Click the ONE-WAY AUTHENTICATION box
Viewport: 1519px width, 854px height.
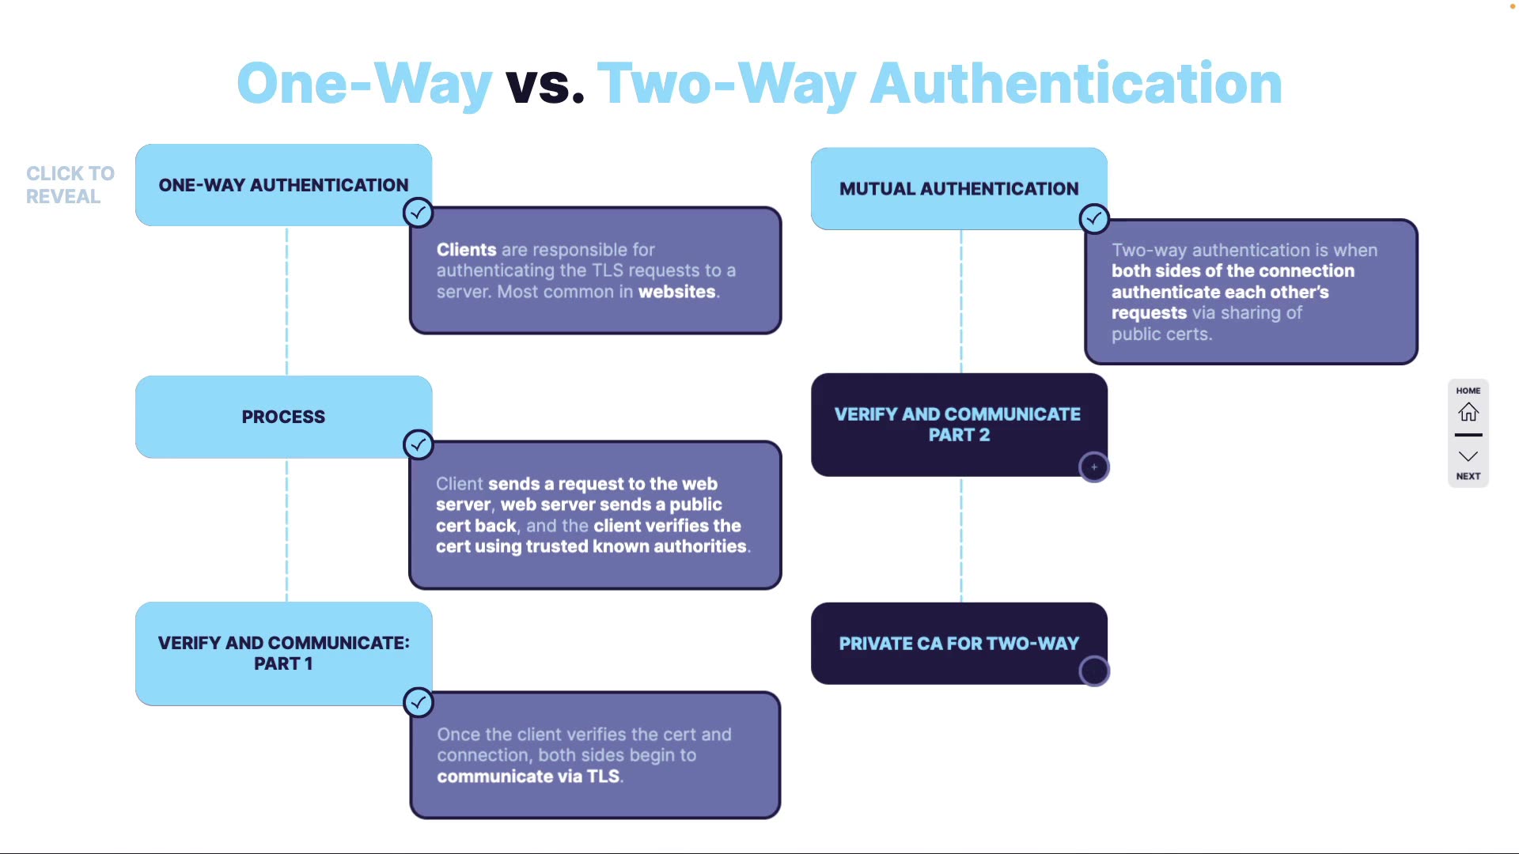pyautogui.click(x=283, y=185)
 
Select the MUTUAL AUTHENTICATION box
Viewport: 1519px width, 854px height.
pyautogui.click(x=958, y=189)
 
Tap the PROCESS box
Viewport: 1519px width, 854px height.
pyautogui.click(x=283, y=417)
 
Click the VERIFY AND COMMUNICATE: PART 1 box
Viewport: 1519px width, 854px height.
pyautogui.click(x=283, y=653)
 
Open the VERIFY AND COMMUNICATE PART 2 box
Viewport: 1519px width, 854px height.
pyautogui.click(x=958, y=425)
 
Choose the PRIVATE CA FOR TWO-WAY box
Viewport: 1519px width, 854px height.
pyautogui.click(x=958, y=644)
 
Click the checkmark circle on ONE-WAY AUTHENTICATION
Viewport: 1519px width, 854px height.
pyautogui.click(x=418, y=213)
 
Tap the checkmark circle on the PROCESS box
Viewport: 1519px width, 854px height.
pyautogui.click(x=418, y=445)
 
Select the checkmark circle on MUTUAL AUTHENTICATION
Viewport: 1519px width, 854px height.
pyautogui.click(x=1094, y=219)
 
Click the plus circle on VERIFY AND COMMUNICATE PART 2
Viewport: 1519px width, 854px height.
pyautogui.click(x=1094, y=467)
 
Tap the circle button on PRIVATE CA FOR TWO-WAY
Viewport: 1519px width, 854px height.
pyautogui.click(x=1094, y=671)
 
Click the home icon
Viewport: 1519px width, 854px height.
pyautogui.click(x=1468, y=412)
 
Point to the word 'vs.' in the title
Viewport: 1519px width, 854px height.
pyautogui.click(x=545, y=84)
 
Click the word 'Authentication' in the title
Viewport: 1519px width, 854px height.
pyautogui.click(x=1076, y=84)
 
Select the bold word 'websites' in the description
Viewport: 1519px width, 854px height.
pyautogui.click(x=677, y=292)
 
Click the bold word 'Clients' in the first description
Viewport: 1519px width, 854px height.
pyautogui.click(x=466, y=250)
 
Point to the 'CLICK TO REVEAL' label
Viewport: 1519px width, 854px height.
pyautogui.click(x=70, y=185)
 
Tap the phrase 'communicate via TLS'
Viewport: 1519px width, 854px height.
pyautogui.click(x=528, y=777)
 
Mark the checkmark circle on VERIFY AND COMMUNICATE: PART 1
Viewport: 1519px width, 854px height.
pyautogui.click(x=418, y=702)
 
